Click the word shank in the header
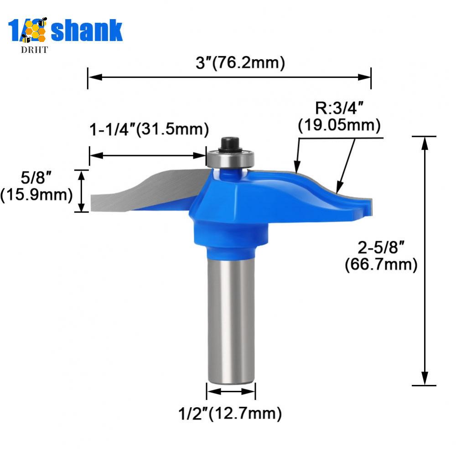click(x=87, y=31)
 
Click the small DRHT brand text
click(x=34, y=50)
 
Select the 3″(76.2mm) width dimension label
click(x=240, y=63)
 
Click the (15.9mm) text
click(x=36, y=195)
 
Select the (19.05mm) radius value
click(x=339, y=124)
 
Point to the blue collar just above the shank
click(x=231, y=251)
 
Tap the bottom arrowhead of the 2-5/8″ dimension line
click(x=425, y=378)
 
